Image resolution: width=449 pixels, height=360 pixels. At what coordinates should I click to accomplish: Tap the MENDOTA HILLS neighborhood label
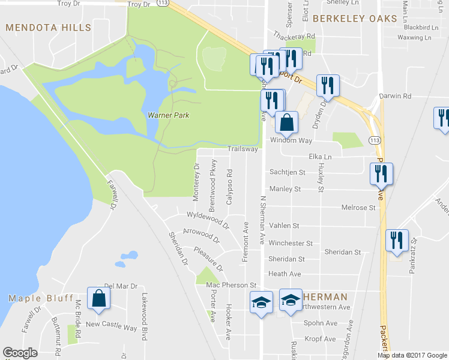(48, 28)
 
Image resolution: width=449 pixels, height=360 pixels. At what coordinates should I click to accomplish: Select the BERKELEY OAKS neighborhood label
(355, 19)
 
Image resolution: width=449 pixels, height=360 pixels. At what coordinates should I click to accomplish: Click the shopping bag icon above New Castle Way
(98, 298)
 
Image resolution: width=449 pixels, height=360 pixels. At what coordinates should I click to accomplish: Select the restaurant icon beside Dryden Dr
(327, 85)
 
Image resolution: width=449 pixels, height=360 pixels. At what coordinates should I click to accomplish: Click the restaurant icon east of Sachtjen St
(381, 173)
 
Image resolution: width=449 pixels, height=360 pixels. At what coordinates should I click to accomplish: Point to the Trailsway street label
(243, 149)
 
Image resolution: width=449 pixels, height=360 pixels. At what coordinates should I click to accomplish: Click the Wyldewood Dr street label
(208, 220)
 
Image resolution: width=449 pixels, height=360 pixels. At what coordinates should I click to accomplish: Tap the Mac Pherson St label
(231, 285)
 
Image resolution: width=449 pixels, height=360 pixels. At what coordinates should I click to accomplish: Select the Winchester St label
(291, 244)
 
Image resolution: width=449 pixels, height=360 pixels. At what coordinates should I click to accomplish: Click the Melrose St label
(358, 208)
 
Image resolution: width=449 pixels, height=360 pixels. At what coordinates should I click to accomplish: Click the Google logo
(20, 353)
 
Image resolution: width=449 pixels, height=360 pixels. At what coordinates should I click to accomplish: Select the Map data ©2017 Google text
(411, 355)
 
